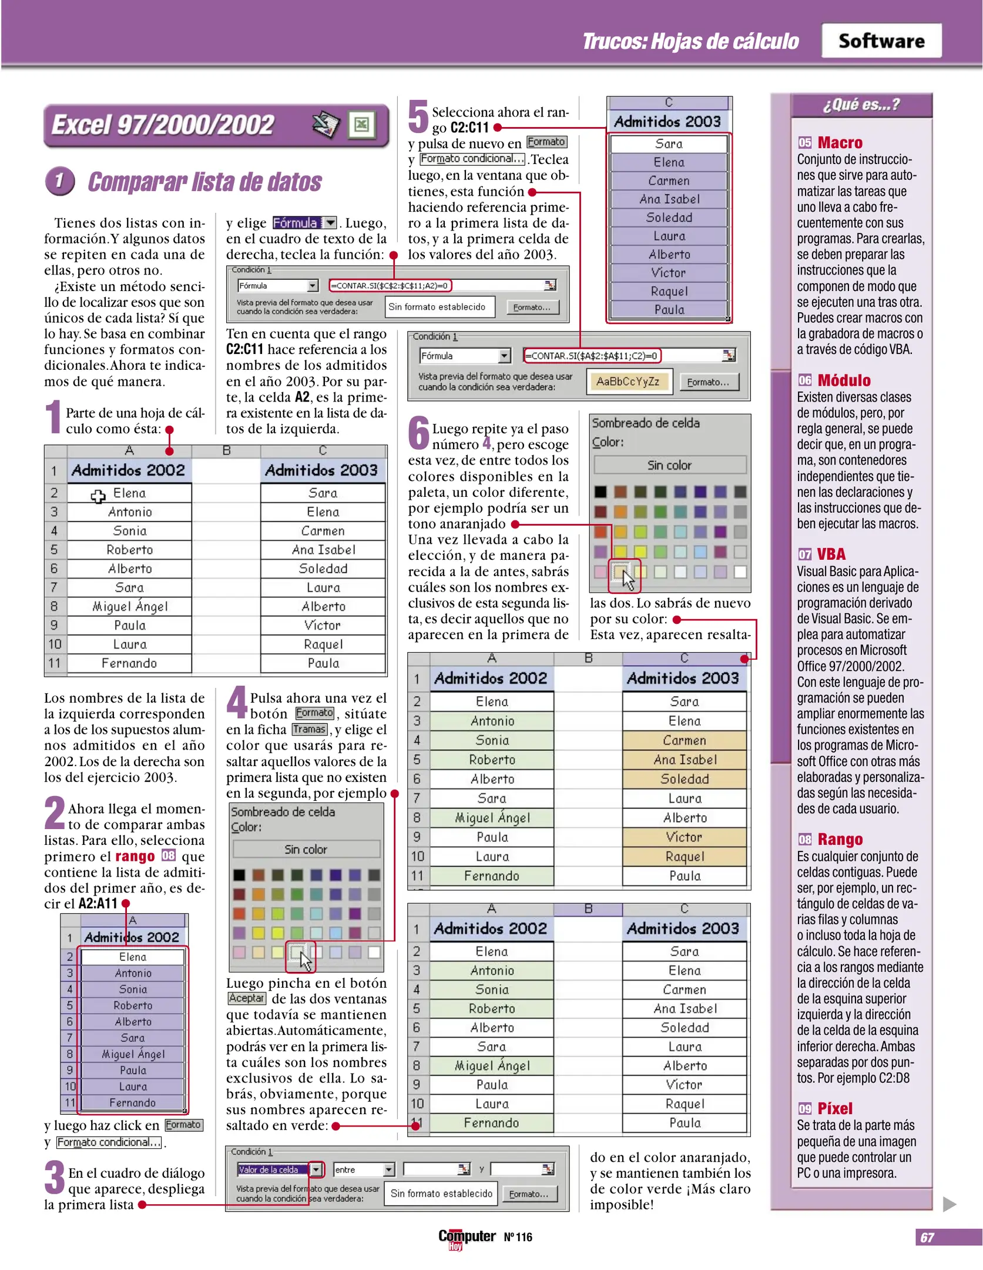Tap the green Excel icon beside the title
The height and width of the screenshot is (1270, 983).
pyautogui.click(x=361, y=124)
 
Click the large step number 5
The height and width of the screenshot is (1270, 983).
pyautogui.click(x=418, y=116)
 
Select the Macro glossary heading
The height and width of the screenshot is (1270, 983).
pyautogui.click(x=840, y=143)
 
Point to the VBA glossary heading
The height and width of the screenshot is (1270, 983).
pyautogui.click(x=831, y=554)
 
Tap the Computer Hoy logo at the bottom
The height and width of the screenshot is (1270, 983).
pyautogui.click(x=467, y=1237)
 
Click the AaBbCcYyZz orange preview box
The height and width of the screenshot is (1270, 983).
pyautogui.click(x=628, y=382)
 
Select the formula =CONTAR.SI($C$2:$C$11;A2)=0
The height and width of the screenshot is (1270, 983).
pyautogui.click(x=390, y=286)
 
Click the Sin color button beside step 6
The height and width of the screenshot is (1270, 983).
pyautogui.click(x=669, y=465)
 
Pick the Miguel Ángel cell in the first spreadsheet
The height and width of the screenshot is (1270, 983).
pyautogui.click(x=130, y=606)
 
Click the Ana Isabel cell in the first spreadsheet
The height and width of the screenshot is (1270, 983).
pyautogui.click(x=323, y=550)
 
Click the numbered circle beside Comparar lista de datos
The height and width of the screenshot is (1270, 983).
pyautogui.click(x=59, y=181)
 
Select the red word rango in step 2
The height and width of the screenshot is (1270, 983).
pyautogui.click(x=135, y=856)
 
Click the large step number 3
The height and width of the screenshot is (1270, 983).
pyautogui.click(x=54, y=1177)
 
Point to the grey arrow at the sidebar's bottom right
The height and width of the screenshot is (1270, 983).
pyautogui.click(x=949, y=1204)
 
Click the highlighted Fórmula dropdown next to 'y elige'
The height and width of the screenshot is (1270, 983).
pyautogui.click(x=304, y=223)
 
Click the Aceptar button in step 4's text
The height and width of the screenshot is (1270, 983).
pyautogui.click(x=246, y=998)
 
